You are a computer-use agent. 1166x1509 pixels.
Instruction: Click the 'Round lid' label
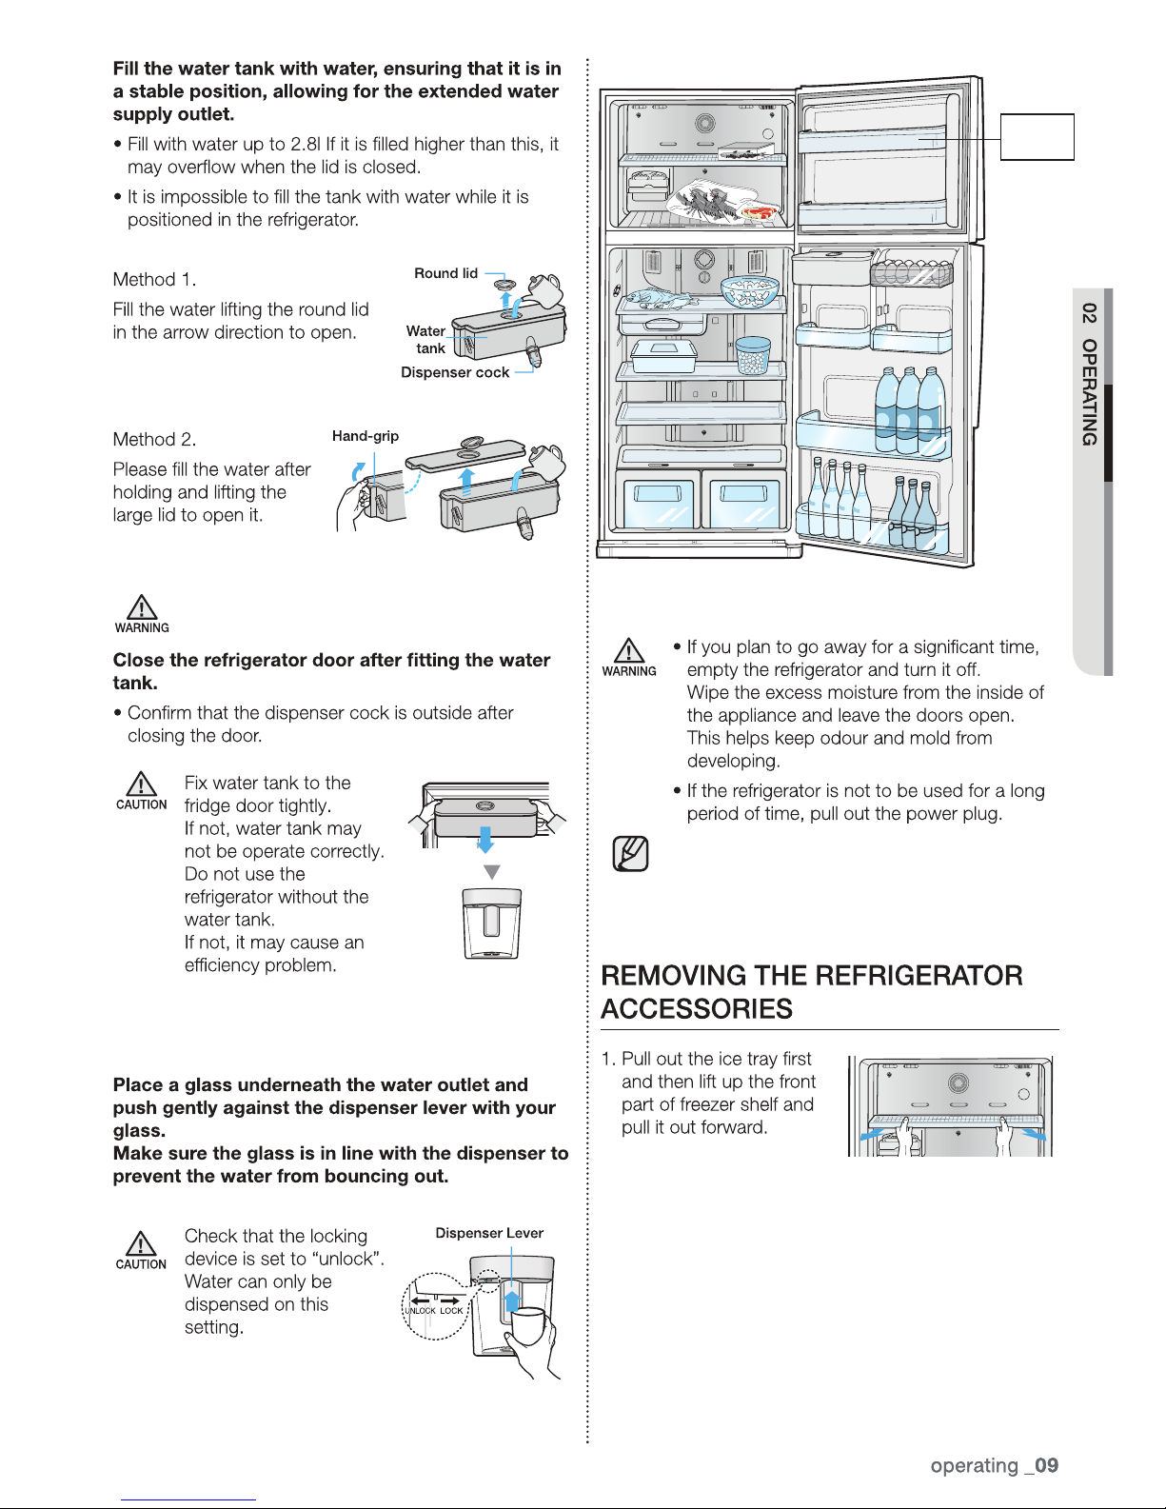(x=445, y=273)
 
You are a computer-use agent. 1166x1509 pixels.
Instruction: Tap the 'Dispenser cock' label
(x=454, y=372)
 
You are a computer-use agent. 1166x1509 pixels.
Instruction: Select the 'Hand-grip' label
(x=365, y=436)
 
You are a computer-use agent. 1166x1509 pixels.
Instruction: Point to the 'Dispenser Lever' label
(x=489, y=1233)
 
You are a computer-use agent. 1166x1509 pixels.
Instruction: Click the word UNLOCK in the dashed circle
(x=420, y=1311)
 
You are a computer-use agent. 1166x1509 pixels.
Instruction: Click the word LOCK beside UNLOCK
(x=451, y=1311)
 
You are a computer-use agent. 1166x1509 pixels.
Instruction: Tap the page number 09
(x=1046, y=1465)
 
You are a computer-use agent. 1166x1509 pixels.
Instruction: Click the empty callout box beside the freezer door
(x=1037, y=137)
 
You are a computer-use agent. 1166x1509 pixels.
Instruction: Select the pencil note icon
(x=630, y=854)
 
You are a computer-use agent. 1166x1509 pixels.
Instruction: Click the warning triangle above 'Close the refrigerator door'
(x=142, y=607)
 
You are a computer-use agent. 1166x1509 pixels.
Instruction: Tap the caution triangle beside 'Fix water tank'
(x=142, y=784)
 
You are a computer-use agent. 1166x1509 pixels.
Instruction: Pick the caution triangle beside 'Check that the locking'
(x=141, y=1244)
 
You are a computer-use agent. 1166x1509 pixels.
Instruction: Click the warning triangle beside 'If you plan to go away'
(x=628, y=651)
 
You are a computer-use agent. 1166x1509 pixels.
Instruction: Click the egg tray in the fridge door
(x=911, y=274)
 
